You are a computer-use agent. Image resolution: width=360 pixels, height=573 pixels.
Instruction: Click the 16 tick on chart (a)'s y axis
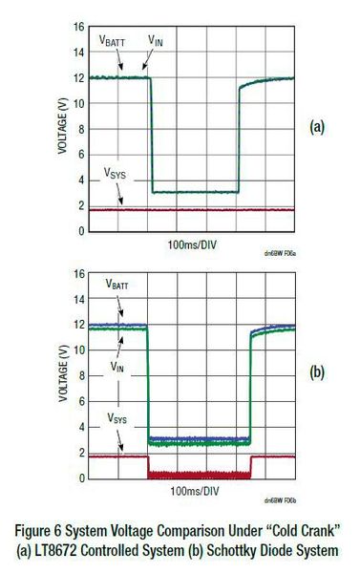click(x=77, y=27)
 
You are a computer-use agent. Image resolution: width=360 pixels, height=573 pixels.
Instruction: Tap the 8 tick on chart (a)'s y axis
click(x=80, y=129)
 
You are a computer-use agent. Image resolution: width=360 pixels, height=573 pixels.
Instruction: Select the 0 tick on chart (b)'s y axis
click(x=80, y=480)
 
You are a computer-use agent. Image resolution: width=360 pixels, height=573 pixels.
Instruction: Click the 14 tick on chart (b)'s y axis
click(x=77, y=300)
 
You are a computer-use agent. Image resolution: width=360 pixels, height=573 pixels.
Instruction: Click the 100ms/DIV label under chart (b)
click(x=190, y=493)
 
